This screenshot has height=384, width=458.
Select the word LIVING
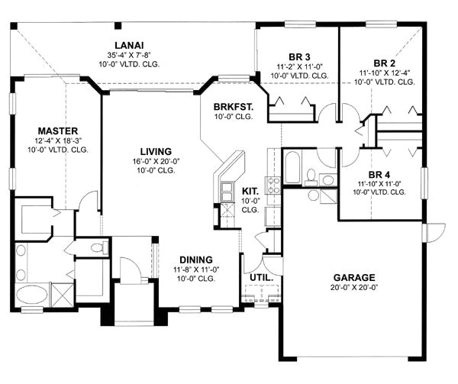point(155,151)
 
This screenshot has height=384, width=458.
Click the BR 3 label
point(300,56)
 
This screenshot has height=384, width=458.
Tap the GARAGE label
point(353,277)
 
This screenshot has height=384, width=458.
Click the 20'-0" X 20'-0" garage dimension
point(353,289)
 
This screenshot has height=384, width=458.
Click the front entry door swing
point(129,270)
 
